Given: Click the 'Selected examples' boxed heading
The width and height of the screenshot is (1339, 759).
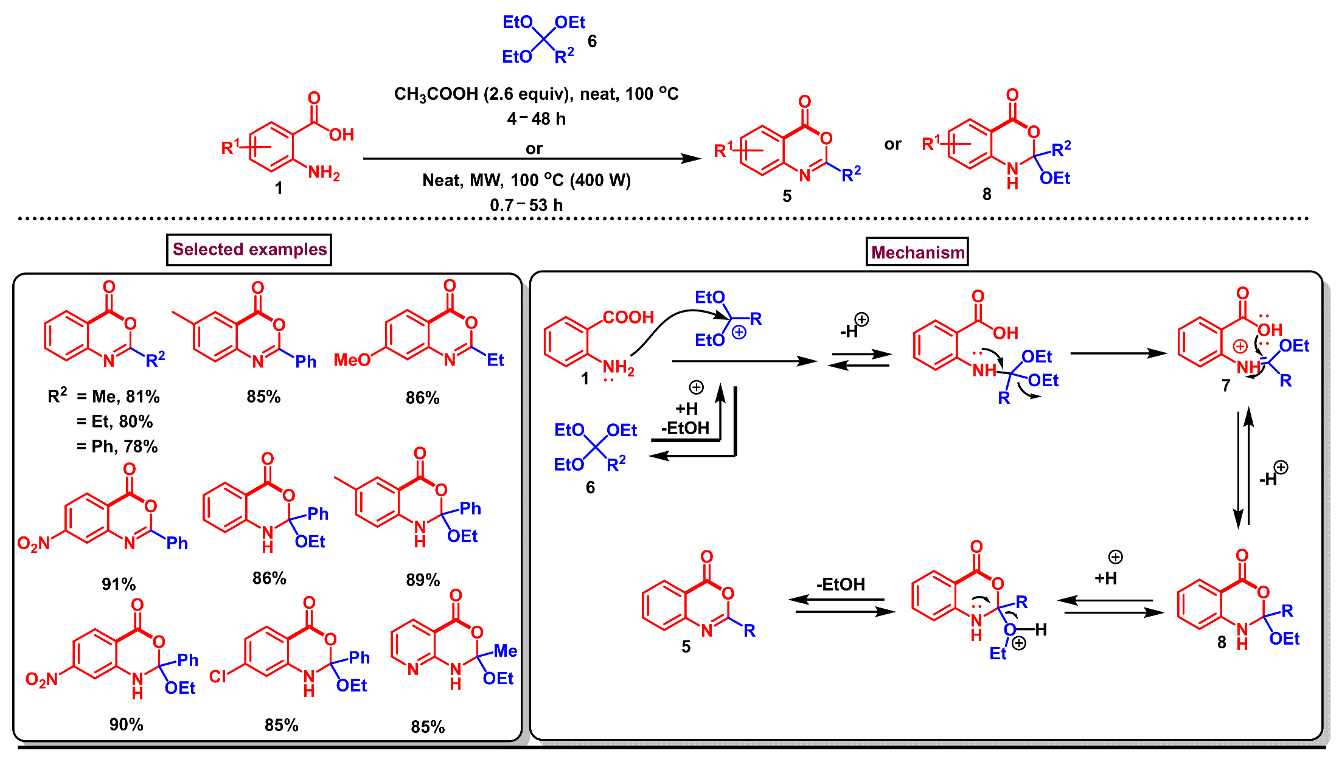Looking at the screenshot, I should [x=249, y=249].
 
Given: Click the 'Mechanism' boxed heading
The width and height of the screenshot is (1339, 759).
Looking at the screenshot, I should [x=917, y=252].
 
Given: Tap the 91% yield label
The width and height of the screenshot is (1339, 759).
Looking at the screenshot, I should [x=119, y=584].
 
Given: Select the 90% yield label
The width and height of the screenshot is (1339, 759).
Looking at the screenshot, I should [x=126, y=724].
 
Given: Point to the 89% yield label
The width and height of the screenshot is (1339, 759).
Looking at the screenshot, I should [x=423, y=580].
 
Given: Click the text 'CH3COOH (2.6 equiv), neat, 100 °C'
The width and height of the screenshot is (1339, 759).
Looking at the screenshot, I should [x=536, y=94].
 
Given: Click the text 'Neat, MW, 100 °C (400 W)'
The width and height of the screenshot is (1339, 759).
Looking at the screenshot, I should [x=526, y=181].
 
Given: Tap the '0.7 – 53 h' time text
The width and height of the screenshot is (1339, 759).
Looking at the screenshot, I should [x=526, y=206].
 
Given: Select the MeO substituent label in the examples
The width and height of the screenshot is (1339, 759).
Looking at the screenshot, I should [x=352, y=360].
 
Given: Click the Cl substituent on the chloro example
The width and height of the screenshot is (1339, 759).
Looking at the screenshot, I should [x=217, y=676].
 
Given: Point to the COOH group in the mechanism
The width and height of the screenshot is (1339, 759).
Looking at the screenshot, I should [x=628, y=317].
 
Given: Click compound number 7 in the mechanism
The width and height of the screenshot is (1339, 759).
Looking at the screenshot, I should [x=1226, y=386].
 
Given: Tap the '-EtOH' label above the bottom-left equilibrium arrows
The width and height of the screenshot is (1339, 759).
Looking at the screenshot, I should [x=840, y=584].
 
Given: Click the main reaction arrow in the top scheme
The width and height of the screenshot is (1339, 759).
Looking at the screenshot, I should [x=532, y=159].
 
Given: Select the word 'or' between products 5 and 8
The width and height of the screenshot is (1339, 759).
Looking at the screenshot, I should [x=892, y=145].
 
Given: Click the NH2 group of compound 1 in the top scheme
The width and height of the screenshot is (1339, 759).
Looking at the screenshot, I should [x=324, y=173].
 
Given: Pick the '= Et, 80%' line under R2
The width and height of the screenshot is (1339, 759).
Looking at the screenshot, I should [x=114, y=421].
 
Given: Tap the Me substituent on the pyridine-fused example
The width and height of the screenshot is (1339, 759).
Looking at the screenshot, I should [x=505, y=651].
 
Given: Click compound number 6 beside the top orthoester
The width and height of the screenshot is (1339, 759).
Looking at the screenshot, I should [x=592, y=41].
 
